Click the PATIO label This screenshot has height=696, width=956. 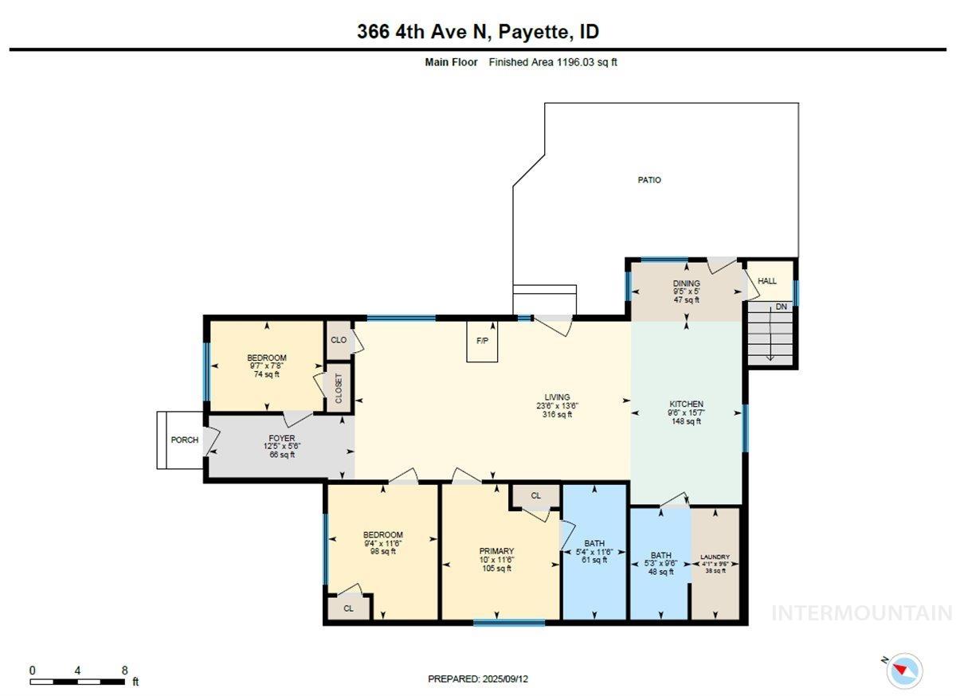click(648, 180)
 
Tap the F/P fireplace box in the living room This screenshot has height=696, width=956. click(482, 341)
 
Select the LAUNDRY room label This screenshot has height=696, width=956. click(715, 557)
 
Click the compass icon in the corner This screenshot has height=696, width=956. click(904, 670)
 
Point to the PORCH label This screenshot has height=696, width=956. click(184, 440)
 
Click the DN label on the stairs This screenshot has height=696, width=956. click(781, 307)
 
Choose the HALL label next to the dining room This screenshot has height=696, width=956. click(766, 281)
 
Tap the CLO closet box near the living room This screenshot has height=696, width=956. click(339, 340)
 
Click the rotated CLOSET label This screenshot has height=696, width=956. click(339, 388)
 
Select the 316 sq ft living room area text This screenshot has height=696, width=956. click(558, 414)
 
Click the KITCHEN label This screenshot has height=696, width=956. click(686, 404)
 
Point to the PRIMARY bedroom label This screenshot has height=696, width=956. click(496, 550)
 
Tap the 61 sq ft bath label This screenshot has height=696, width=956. click(594, 560)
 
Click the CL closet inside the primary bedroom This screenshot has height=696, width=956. click(535, 495)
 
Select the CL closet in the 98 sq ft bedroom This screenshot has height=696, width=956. click(348, 608)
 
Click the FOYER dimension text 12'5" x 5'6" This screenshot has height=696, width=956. click(281, 446)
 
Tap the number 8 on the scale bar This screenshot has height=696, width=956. click(124, 671)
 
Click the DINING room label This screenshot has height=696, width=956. click(686, 283)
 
